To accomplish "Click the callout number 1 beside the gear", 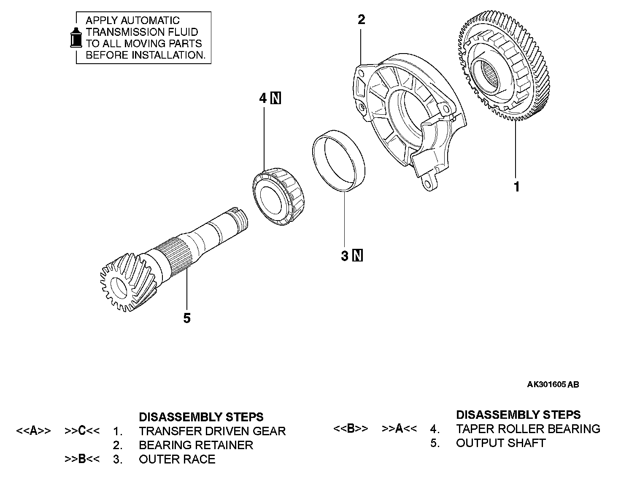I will point(516,186).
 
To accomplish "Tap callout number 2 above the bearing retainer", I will point(361,19).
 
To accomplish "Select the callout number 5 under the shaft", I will point(187,318).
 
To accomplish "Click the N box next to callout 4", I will point(276,98).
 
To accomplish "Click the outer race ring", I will point(339,162).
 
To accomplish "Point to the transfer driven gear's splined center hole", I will point(484,76).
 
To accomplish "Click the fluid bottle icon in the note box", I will point(76,38).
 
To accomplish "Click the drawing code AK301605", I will point(547,384).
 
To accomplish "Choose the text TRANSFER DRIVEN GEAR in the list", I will point(212,431).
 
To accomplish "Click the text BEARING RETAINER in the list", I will point(196,445).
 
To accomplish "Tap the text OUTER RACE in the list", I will point(177,459).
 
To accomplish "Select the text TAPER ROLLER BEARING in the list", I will point(528,429).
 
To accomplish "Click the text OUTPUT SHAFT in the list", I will point(501,443).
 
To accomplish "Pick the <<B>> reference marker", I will point(351,429).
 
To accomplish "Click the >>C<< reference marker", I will point(82,431).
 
